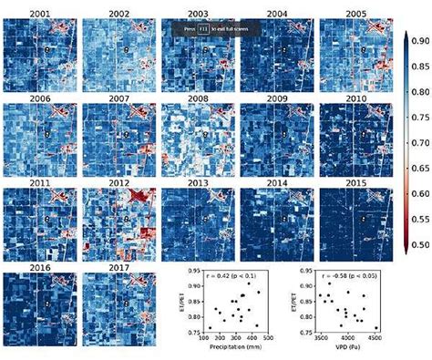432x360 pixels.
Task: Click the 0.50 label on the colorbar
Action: tap(419, 246)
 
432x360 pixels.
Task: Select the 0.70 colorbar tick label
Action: tap(419, 142)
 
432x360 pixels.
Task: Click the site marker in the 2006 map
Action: tap(46, 133)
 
